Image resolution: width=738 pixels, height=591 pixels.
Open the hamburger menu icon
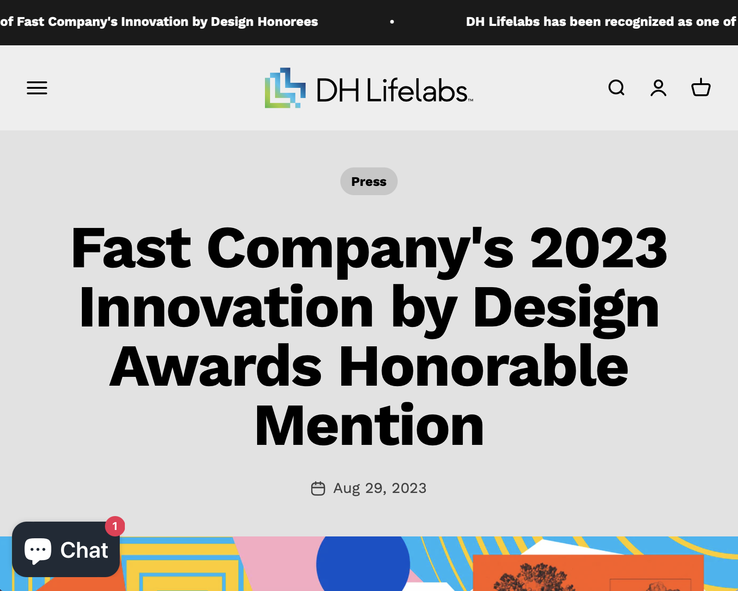point(37,88)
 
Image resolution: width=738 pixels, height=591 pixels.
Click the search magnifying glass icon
point(616,87)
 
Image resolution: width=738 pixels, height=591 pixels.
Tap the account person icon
point(658,88)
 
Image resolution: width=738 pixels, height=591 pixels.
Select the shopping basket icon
point(701,87)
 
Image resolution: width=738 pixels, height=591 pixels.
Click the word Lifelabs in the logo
point(417,90)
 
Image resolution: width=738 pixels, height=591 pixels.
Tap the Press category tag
point(369,181)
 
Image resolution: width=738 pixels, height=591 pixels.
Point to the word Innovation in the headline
point(226,307)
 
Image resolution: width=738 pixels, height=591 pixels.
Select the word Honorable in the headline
point(483,366)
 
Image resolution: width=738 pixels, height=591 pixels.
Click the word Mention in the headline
point(369,425)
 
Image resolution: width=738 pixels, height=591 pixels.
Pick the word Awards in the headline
point(215,366)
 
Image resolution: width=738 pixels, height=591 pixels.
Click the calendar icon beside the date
point(318,488)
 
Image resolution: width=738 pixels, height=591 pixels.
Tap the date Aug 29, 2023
point(380,488)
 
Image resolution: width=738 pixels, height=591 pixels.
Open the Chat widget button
point(66,549)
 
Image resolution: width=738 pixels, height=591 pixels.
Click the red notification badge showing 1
point(115,526)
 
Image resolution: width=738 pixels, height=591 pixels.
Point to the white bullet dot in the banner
point(392,22)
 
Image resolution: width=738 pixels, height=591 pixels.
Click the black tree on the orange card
point(532,578)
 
